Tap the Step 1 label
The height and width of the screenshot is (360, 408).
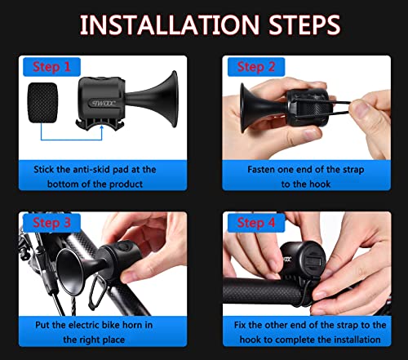(52, 66)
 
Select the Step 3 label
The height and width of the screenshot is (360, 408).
(51, 223)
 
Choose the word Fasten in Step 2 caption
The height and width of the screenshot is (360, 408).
(265, 168)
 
